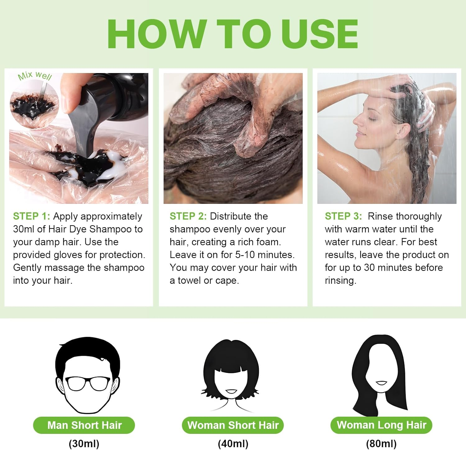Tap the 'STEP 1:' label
(31, 216)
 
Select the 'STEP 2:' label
(188, 216)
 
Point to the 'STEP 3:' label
(343, 216)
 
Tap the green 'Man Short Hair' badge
(84, 425)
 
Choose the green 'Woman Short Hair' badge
(233, 425)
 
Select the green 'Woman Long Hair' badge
(381, 425)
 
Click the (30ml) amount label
(84, 443)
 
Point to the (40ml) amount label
(233, 443)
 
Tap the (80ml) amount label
(381, 443)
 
